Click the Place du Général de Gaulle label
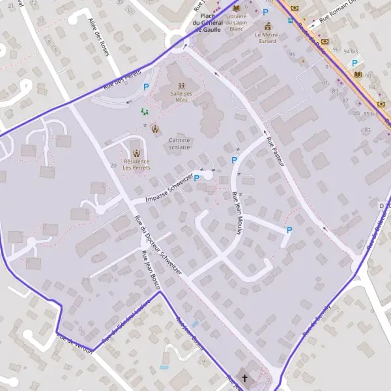209,23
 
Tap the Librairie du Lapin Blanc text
236,23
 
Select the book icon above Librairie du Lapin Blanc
236,8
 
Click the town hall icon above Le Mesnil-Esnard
267,25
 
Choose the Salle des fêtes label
182,98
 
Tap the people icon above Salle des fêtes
182,85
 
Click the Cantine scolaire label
179,143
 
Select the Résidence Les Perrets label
136,164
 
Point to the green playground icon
145,112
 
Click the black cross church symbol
244,378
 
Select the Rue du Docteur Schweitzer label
157,244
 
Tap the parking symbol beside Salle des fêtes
147,86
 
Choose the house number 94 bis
351,51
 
